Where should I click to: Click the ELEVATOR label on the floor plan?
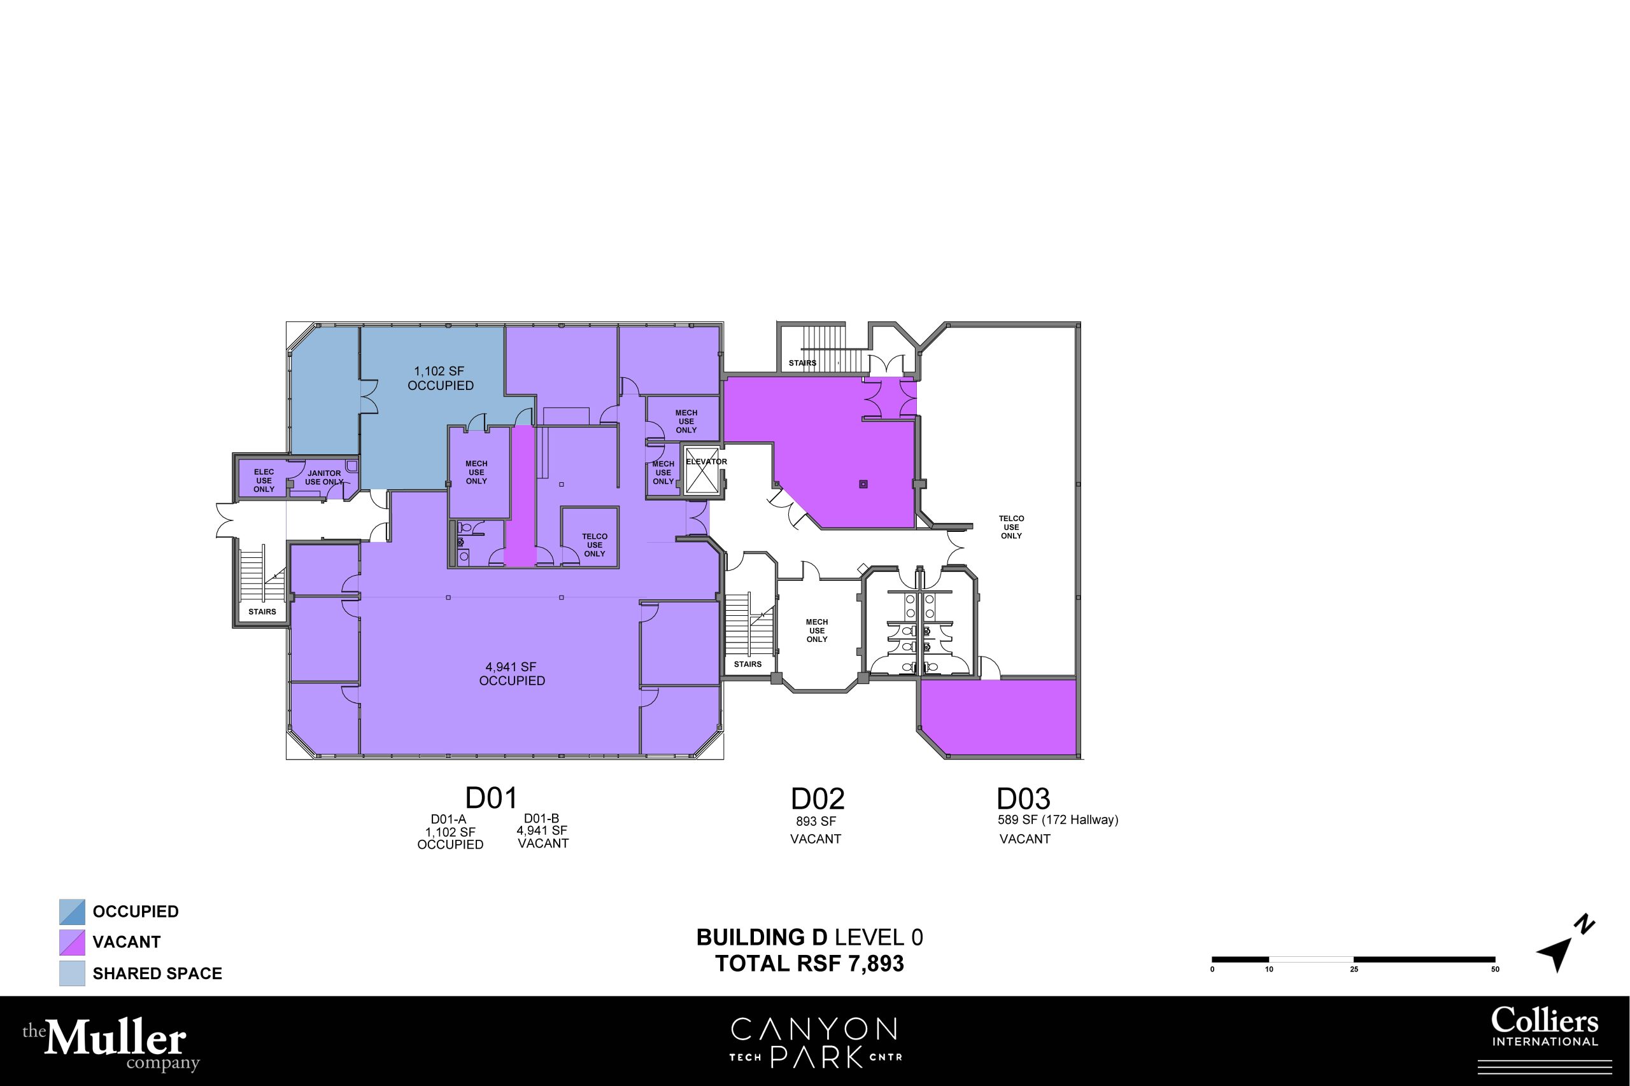click(706, 462)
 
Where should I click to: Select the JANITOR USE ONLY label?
click(324, 478)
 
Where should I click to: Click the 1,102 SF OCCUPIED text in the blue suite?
click(441, 378)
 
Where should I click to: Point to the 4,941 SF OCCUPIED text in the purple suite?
click(512, 673)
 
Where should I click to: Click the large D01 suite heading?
click(492, 798)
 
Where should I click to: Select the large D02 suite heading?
click(818, 798)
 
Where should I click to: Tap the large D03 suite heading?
click(1024, 798)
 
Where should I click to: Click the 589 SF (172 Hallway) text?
click(1058, 820)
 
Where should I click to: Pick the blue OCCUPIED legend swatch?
click(72, 912)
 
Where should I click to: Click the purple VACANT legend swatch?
click(72, 943)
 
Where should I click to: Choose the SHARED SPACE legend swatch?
click(72, 973)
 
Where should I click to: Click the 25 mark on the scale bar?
click(1354, 969)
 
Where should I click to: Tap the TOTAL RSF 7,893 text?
click(809, 963)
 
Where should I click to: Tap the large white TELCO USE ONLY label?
click(1011, 527)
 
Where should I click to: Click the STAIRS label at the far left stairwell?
click(263, 611)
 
